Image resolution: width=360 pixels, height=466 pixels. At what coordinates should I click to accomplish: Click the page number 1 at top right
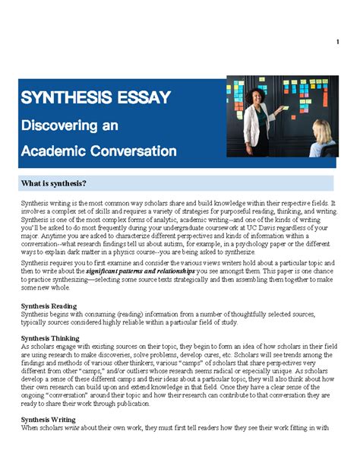(336, 41)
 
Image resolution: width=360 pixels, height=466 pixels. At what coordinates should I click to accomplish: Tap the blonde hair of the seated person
(322, 128)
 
